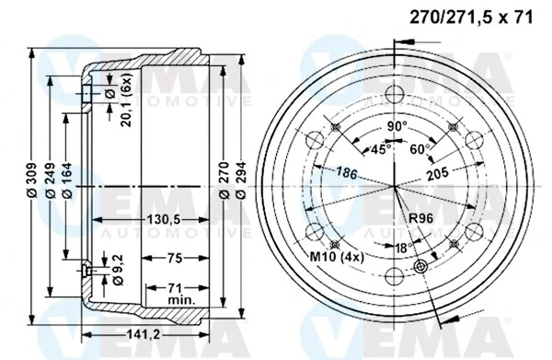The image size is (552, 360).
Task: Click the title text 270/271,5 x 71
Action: (x=471, y=17)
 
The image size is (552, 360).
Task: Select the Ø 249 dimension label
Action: (x=51, y=180)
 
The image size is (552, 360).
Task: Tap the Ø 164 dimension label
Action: (x=67, y=180)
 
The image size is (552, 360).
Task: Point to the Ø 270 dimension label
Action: (x=224, y=180)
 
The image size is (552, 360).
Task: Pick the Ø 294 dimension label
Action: (x=241, y=180)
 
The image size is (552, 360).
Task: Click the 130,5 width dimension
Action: (x=163, y=220)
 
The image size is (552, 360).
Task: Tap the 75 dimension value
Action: (x=175, y=259)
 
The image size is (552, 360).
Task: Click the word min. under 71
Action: (x=181, y=300)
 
